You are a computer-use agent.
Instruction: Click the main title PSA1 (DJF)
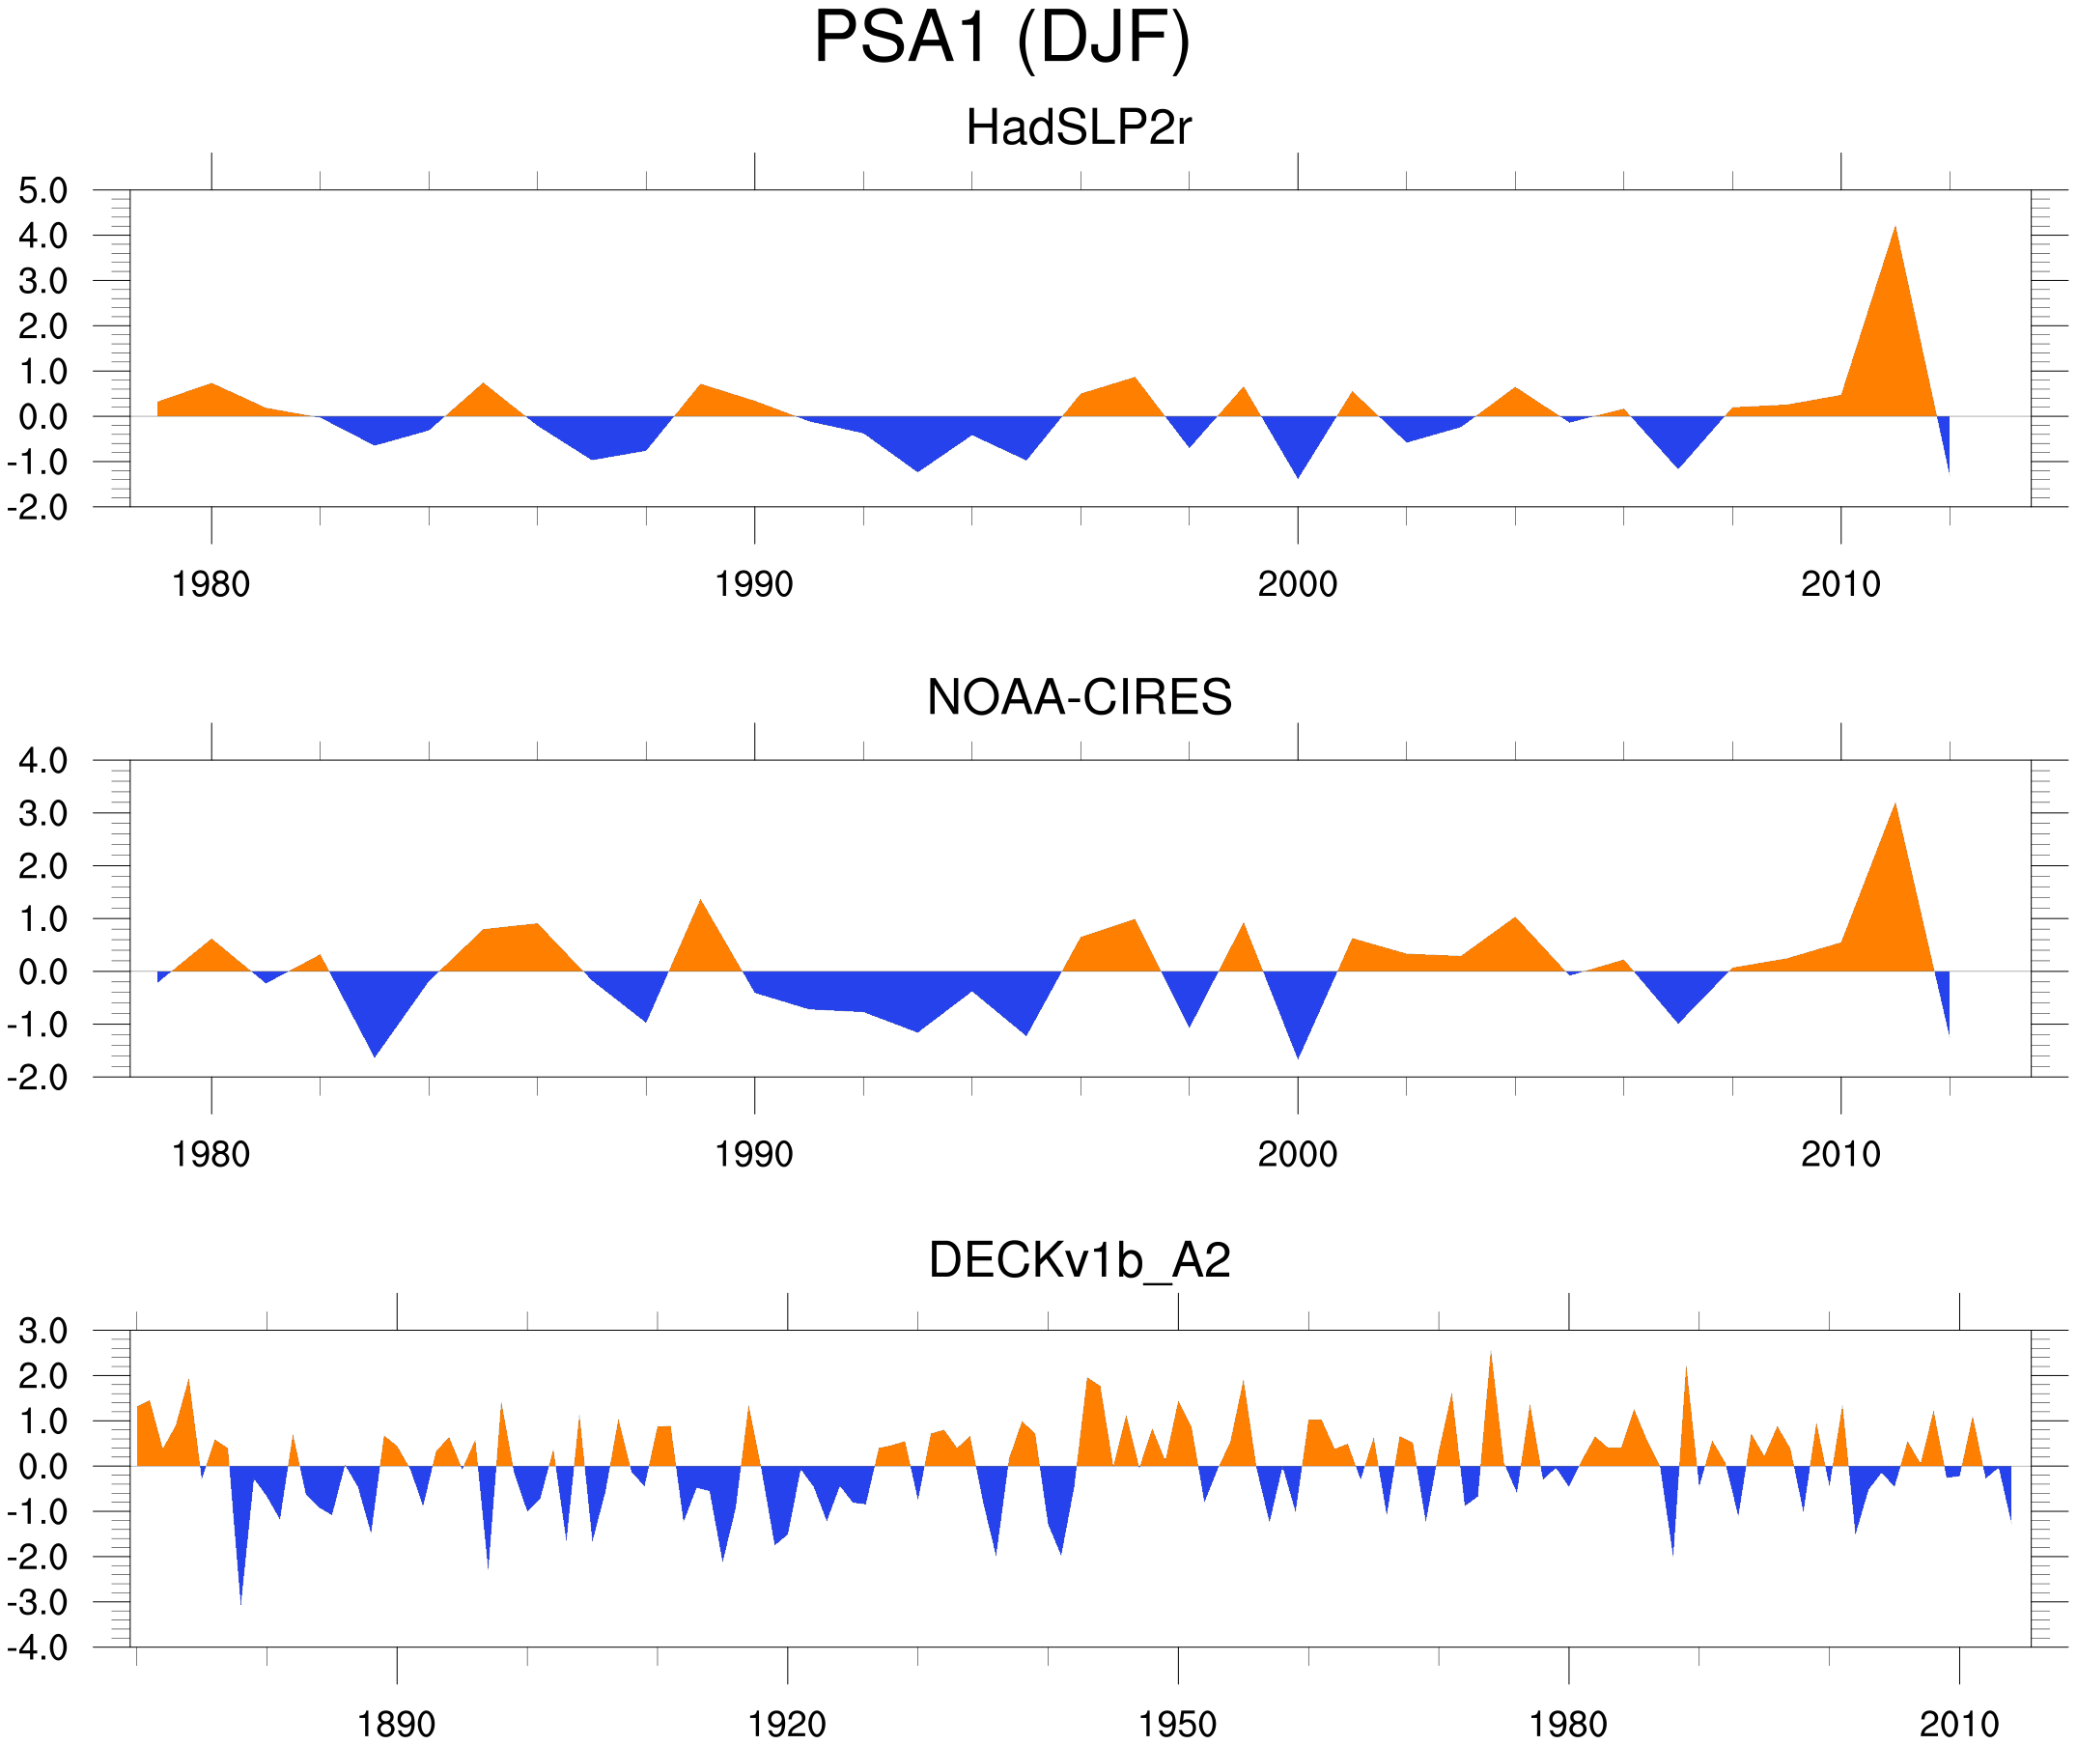tap(1001, 38)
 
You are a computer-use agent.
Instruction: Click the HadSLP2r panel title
tap(1078, 127)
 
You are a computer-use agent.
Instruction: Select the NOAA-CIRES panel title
tap(1079, 697)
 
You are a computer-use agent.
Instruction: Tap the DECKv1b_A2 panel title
tap(1079, 1260)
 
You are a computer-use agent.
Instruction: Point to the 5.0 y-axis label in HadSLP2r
tap(42, 191)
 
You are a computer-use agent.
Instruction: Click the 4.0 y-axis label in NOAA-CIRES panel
tap(42, 761)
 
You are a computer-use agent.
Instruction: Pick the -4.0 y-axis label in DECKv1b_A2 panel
tap(38, 1648)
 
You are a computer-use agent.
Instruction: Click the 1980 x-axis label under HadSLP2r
tap(211, 584)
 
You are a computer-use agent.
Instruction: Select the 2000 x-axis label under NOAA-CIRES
tap(1297, 1154)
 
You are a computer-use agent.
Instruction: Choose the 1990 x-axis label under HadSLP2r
tap(754, 584)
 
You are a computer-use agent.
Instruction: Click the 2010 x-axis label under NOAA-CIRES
tap(1839, 1154)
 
